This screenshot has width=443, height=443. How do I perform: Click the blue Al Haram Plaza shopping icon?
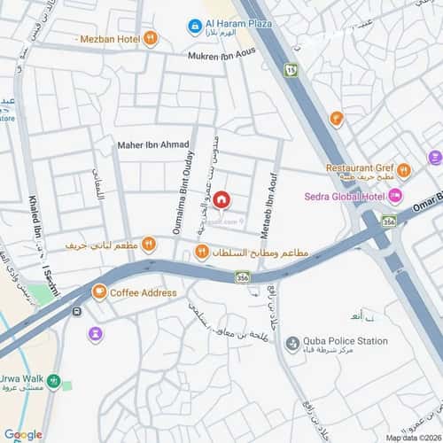pyautogui.click(x=195, y=27)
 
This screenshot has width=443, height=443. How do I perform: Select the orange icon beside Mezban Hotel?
pyautogui.click(x=152, y=38)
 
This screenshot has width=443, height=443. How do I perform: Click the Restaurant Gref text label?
pyautogui.click(x=359, y=167)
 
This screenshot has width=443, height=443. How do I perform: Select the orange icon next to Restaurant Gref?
pyautogui.click(x=404, y=170)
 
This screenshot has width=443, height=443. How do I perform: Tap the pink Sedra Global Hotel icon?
pyautogui.click(x=395, y=195)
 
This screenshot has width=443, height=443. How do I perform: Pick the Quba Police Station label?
pyautogui.click(x=346, y=341)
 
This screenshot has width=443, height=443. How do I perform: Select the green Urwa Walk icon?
pyautogui.click(x=55, y=383)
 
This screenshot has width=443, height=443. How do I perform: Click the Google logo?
pyautogui.click(x=23, y=434)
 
